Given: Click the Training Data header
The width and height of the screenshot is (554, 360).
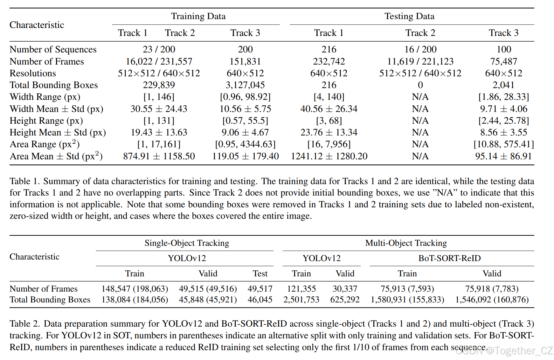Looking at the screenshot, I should pos(198,16).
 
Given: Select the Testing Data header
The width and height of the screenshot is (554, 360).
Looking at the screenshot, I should pos(409,16).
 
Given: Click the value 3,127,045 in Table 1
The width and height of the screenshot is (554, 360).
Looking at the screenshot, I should pos(245,85).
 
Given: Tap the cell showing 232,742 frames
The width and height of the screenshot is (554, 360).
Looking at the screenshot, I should pos(329,61).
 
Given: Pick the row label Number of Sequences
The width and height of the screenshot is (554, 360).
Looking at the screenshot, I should pos(53,50).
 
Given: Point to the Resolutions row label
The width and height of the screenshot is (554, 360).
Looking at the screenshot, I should pos(33,73).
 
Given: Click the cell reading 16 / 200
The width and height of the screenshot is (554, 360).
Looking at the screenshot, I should pos(420,50).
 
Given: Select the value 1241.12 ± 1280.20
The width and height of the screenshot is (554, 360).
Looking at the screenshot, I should pos(329,156).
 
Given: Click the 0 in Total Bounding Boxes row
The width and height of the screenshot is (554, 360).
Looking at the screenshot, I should pos(420,85).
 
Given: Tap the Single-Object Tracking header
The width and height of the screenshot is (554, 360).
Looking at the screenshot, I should pos(187,243).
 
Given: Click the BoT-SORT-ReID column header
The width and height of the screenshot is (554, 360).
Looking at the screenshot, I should pos(449,258).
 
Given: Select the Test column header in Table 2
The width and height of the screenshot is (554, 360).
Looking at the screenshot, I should pos(260,273).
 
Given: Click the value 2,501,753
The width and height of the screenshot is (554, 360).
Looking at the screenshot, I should pos(301,300).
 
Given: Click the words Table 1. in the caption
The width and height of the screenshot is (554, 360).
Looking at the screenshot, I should pos(24,181).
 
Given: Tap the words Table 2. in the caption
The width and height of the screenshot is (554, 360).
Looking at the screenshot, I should pos(24,324).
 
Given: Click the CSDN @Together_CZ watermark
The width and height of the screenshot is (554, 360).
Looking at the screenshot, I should pos(504,350).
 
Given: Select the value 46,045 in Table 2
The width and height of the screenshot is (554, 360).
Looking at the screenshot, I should pos(260,300).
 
